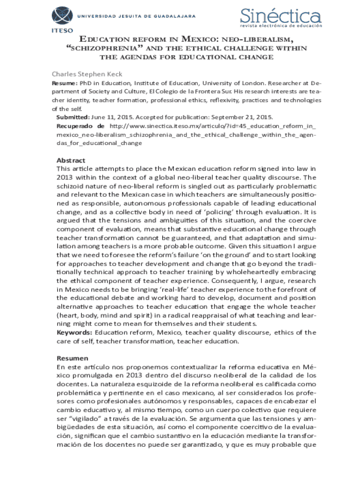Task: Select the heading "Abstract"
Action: [71, 160]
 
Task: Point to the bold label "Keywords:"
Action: [74, 333]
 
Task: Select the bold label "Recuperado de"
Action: [80, 126]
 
